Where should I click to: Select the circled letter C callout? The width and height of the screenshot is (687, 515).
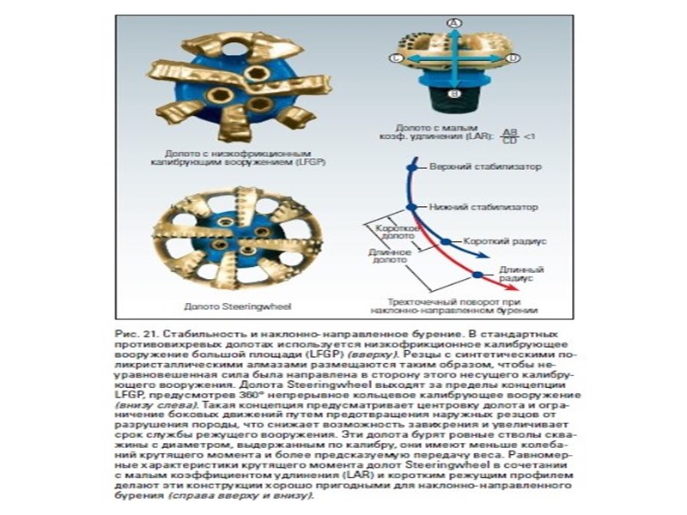click(x=395, y=58)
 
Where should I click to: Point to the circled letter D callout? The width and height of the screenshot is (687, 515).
click(x=514, y=58)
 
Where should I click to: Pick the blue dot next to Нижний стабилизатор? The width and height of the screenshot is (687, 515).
click(x=411, y=207)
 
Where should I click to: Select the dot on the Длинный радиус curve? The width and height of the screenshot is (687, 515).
click(x=477, y=275)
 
